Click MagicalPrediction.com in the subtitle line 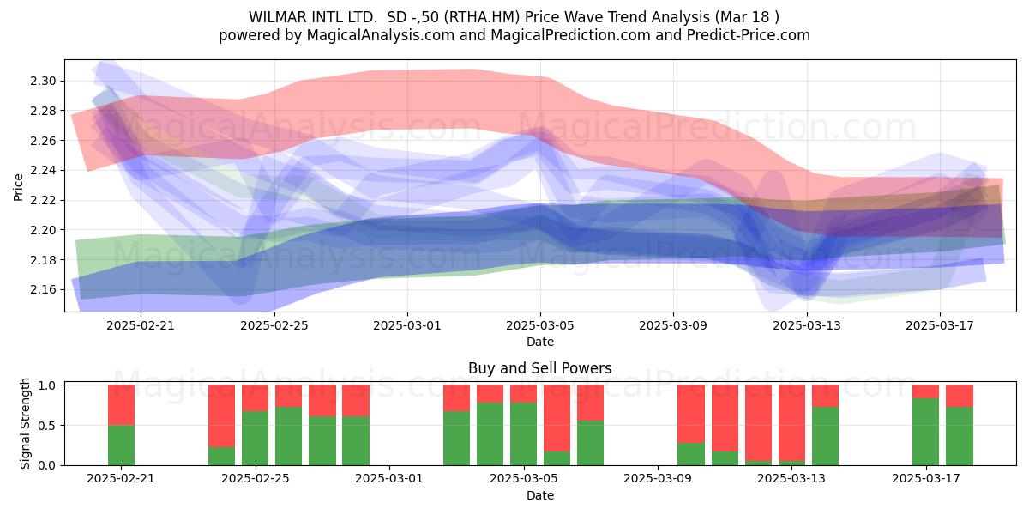570,35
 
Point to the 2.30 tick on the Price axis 43,82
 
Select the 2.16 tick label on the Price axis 43,290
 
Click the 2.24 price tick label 43,171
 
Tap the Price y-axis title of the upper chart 18,187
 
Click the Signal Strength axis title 25,423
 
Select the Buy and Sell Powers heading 539,368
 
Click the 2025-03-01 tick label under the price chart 407,325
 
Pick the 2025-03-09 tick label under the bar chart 658,479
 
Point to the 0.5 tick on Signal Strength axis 47,426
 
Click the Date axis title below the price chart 540,342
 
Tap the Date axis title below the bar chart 540,495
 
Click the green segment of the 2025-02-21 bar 121,445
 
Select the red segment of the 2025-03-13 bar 792,422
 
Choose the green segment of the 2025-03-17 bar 925,432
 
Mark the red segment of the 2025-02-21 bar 121,404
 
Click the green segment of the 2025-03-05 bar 523,434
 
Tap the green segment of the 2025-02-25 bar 255,439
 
